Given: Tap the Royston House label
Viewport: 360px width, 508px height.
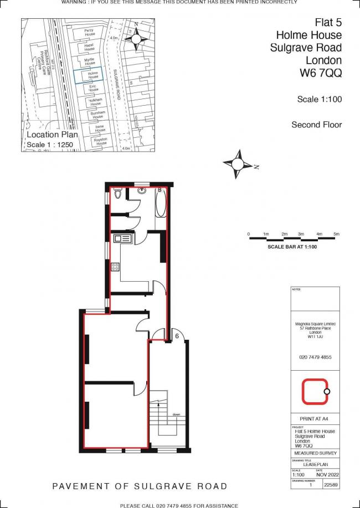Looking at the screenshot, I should pyautogui.click(x=100, y=141).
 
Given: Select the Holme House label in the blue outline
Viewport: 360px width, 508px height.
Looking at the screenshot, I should pyautogui.click(x=92, y=75).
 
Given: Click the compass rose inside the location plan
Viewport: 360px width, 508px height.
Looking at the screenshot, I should pyautogui.click(x=136, y=38).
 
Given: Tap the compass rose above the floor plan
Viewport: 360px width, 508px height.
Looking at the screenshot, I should pyautogui.click(x=239, y=164).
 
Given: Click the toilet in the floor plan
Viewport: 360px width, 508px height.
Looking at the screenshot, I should pyautogui.click(x=117, y=194).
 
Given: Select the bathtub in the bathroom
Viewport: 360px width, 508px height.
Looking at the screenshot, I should pyautogui.click(x=160, y=203).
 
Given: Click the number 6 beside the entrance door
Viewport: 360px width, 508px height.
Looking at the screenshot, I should pyautogui.click(x=177, y=335).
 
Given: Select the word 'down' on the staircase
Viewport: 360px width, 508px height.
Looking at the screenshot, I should pyautogui.click(x=176, y=413).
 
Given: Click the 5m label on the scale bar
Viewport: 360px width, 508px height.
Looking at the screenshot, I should pyautogui.click(x=336, y=235).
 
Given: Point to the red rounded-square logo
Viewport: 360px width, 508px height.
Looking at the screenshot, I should pyautogui.click(x=315, y=391).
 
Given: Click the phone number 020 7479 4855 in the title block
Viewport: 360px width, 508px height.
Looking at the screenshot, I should pyautogui.click(x=315, y=357).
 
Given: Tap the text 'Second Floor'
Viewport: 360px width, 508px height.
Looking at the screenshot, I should pyautogui.click(x=317, y=125).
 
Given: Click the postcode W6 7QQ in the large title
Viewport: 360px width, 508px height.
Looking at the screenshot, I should pyautogui.click(x=321, y=72).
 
